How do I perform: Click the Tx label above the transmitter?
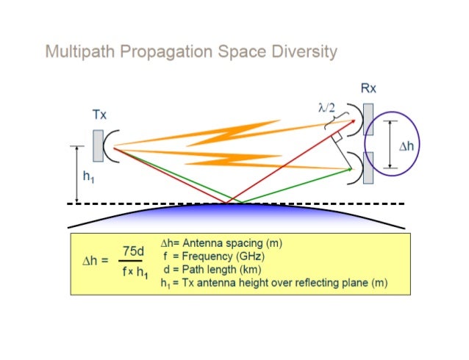pyautogui.click(x=100, y=115)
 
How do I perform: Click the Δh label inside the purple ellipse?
pyautogui.click(x=406, y=146)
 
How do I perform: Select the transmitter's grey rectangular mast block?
pyautogui.click(x=99, y=145)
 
